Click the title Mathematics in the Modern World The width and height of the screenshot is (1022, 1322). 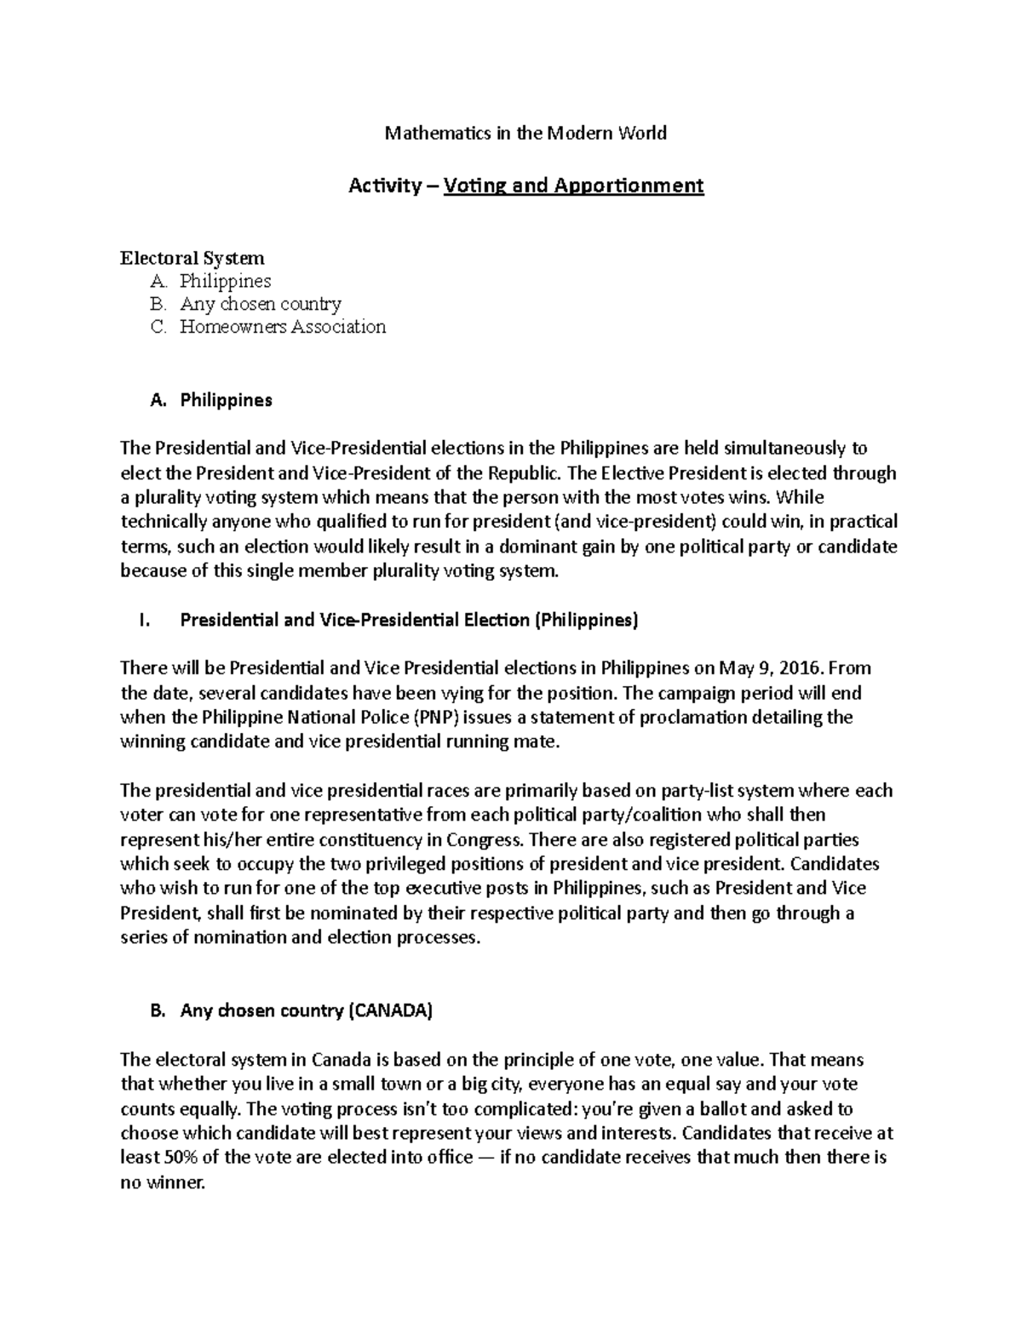pos(525,133)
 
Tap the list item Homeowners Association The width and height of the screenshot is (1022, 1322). pos(282,327)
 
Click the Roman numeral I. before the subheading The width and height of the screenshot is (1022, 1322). pos(143,621)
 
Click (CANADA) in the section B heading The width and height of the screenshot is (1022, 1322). pos(390,1011)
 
